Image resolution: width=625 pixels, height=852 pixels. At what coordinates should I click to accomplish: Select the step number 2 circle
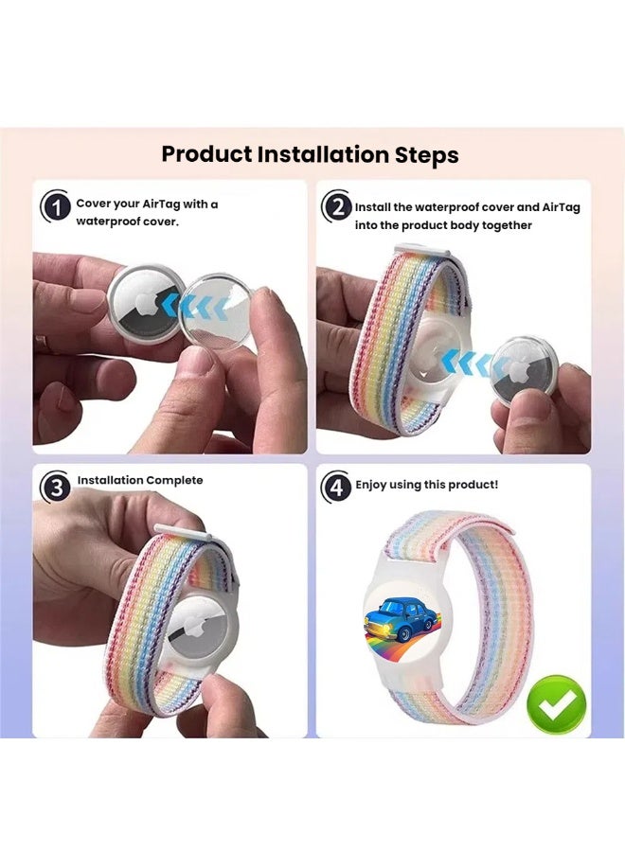coord(337,207)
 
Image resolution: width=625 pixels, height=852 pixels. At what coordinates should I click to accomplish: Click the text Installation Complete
coord(140,480)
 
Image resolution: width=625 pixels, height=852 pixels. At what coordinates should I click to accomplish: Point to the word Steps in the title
coord(425,154)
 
